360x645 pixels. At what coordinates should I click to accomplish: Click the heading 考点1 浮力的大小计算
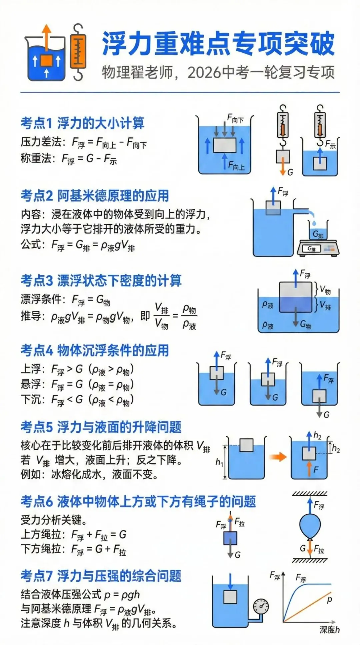pyautogui.click(x=82, y=123)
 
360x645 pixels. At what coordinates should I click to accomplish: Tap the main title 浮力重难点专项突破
pyautogui.click(x=218, y=44)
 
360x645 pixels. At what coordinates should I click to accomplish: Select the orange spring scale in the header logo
pyautogui.click(x=78, y=52)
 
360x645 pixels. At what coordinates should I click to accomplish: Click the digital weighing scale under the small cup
pyautogui.click(x=318, y=248)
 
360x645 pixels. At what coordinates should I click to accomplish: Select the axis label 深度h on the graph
pyautogui.click(x=329, y=629)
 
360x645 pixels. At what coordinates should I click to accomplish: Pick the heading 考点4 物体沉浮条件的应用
pyautogui.click(x=95, y=350)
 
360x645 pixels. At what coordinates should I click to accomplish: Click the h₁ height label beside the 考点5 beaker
pyautogui.click(x=219, y=462)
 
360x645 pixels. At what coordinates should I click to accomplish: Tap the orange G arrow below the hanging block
pyautogui.click(x=283, y=169)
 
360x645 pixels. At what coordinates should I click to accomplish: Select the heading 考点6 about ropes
pyautogui.click(x=138, y=501)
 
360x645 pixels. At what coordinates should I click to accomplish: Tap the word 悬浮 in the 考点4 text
pyautogui.click(x=31, y=384)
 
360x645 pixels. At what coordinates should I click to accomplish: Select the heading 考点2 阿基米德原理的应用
pyautogui.click(x=95, y=196)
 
